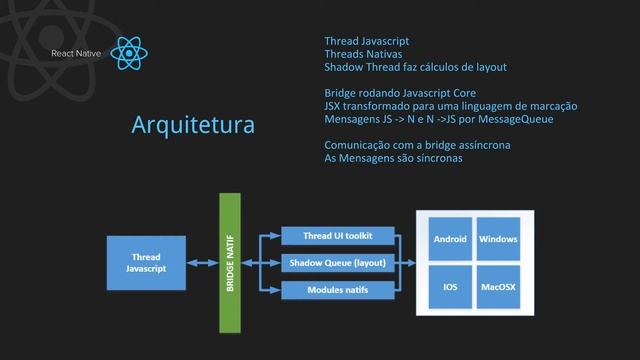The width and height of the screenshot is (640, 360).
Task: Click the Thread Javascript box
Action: (x=146, y=262)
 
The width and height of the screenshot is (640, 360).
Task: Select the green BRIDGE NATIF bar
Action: (x=231, y=262)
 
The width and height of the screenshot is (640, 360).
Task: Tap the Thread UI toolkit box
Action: (x=338, y=236)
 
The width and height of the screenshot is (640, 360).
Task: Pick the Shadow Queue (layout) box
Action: (x=338, y=263)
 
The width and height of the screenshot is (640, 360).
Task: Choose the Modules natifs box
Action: (x=338, y=290)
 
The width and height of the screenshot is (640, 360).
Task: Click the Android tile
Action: (x=449, y=240)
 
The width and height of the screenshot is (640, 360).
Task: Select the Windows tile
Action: (x=498, y=240)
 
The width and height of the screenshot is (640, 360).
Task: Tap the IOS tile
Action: (x=449, y=287)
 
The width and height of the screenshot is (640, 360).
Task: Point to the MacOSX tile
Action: (x=498, y=287)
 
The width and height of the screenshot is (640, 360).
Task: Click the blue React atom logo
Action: (x=131, y=52)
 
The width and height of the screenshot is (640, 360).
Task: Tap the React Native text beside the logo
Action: (x=77, y=52)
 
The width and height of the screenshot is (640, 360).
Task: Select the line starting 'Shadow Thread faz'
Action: (x=415, y=67)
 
